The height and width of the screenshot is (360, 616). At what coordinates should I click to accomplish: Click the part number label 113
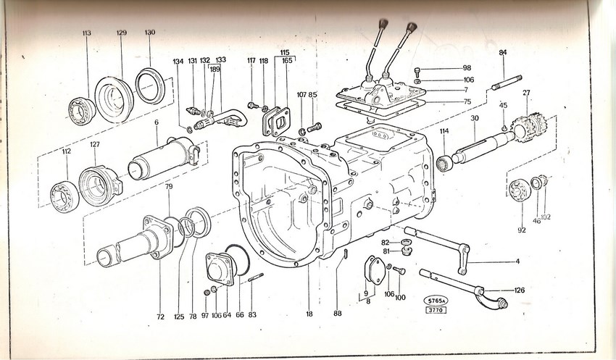pyautogui.click(x=87, y=33)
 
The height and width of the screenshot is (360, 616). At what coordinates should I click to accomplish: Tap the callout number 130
pyautogui.click(x=150, y=32)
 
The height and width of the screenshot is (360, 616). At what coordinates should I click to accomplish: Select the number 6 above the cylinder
pyautogui.click(x=157, y=122)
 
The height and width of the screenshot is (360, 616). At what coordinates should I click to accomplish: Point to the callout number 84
pyautogui.click(x=503, y=52)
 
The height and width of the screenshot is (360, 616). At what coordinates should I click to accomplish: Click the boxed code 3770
pyautogui.click(x=436, y=310)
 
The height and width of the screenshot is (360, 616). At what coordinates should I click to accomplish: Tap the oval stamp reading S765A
pyautogui.click(x=436, y=301)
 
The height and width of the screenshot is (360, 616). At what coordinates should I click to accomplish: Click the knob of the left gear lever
pyautogui.click(x=383, y=24)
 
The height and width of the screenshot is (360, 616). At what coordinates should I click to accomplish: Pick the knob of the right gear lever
pyautogui.click(x=411, y=28)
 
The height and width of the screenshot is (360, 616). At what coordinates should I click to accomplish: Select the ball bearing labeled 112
pyautogui.click(x=64, y=197)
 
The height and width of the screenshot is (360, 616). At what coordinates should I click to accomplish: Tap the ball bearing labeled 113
pyautogui.click(x=82, y=111)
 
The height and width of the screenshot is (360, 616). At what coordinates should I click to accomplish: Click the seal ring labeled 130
pyautogui.click(x=150, y=86)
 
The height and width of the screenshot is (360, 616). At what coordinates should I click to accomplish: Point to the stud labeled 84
pyautogui.click(x=507, y=83)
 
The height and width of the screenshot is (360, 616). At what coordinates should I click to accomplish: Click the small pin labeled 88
pyautogui.click(x=345, y=254)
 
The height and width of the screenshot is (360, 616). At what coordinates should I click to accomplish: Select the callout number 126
pyautogui.click(x=520, y=290)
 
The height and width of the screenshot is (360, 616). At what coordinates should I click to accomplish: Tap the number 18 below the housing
pyautogui.click(x=309, y=314)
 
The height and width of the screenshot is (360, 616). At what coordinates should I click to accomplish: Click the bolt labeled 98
pyautogui.click(x=417, y=72)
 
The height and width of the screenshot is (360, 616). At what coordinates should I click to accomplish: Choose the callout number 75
pyautogui.click(x=467, y=101)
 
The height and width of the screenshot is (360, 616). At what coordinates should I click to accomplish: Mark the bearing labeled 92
pyautogui.click(x=520, y=190)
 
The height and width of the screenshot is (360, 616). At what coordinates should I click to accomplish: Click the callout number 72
pyautogui.click(x=160, y=317)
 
